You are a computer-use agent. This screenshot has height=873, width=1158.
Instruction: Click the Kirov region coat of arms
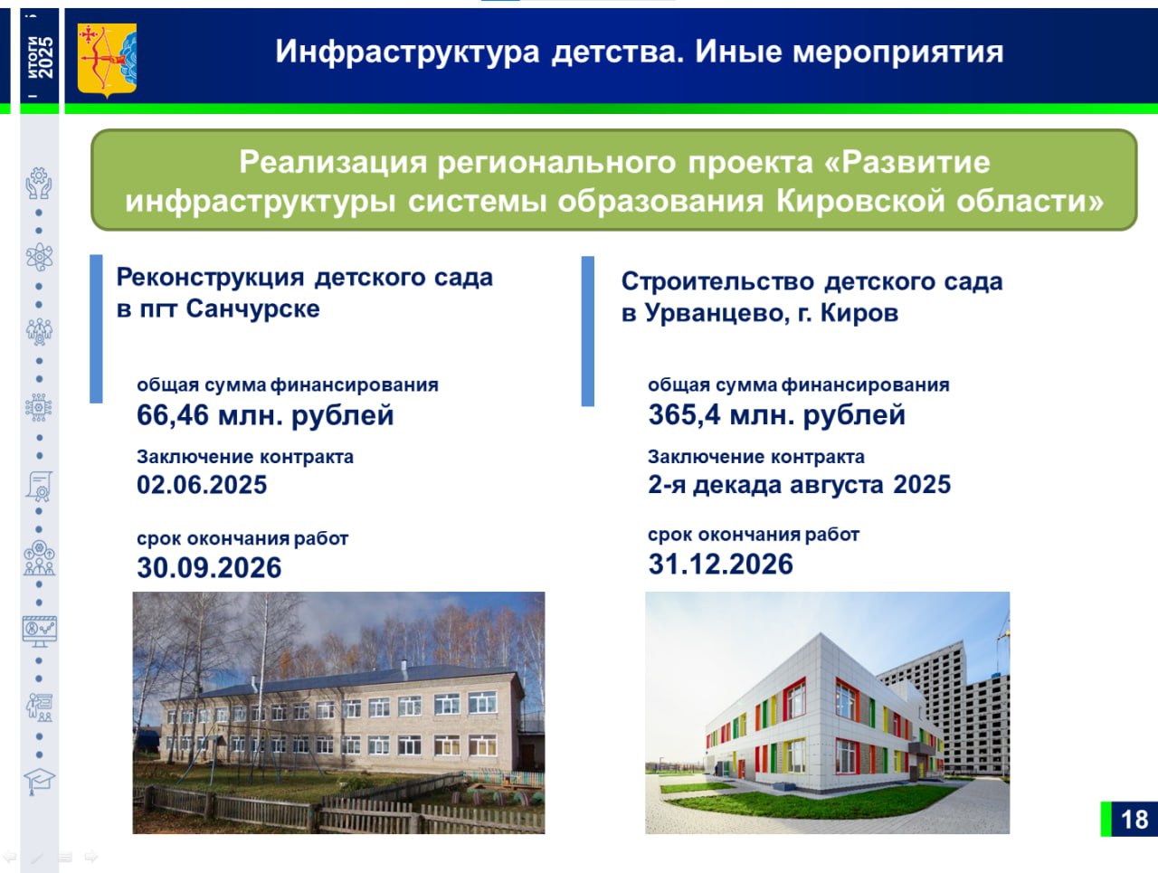click(107, 60)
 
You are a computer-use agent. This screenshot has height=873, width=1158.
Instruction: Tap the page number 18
click(1134, 820)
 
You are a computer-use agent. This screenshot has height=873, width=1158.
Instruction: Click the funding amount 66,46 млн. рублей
click(265, 415)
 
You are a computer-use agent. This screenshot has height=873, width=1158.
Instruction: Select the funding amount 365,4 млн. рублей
click(776, 414)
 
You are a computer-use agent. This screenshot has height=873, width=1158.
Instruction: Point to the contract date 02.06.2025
click(202, 485)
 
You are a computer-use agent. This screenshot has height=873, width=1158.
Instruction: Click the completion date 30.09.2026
click(209, 567)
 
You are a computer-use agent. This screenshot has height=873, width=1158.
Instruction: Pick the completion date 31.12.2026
click(721, 564)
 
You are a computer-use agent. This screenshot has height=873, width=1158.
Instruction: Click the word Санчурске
click(252, 308)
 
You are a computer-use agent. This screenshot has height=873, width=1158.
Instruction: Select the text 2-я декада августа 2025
click(799, 485)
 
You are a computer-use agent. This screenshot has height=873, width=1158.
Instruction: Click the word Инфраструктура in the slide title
click(407, 52)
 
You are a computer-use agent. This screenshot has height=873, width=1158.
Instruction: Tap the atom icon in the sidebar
click(39, 258)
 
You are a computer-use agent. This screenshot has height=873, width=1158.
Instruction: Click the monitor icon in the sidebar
click(40, 631)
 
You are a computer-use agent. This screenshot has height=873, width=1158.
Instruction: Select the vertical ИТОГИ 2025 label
click(40, 57)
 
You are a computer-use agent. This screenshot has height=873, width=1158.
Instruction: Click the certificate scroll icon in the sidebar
click(40, 486)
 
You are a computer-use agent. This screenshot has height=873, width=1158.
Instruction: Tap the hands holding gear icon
click(39, 183)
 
